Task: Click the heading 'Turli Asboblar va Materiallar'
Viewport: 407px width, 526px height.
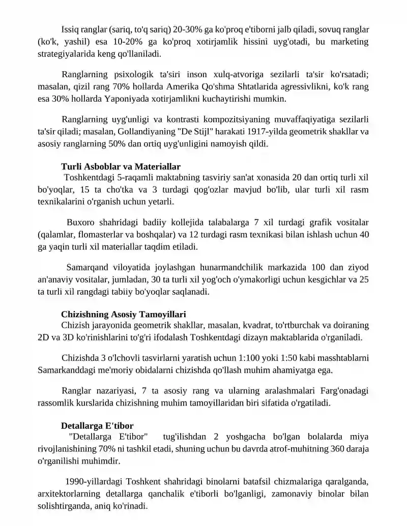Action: [121, 167]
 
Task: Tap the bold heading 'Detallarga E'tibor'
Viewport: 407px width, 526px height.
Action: [97, 425]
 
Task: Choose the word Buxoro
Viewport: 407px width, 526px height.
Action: [83, 223]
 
